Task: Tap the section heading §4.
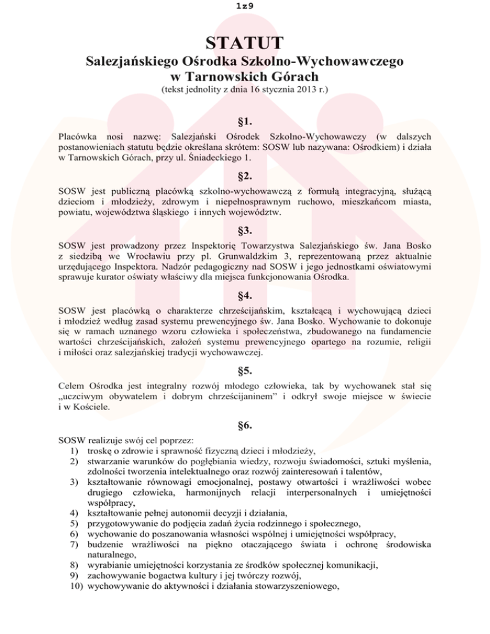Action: (x=244, y=295)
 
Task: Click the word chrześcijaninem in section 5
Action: (x=230, y=398)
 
